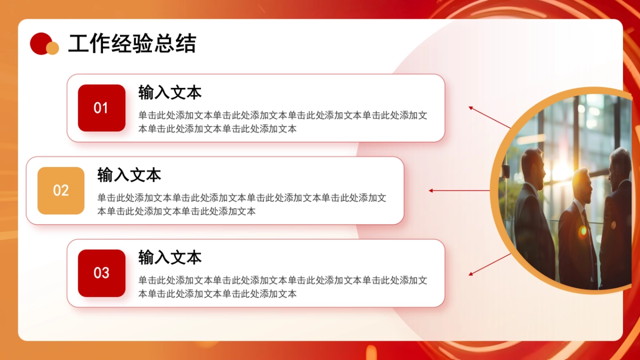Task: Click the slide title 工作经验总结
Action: (x=132, y=44)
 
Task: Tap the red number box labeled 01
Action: (x=101, y=108)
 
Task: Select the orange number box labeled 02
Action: (x=61, y=190)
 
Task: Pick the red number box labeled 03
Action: (x=101, y=273)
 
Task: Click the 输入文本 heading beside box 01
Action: (x=170, y=92)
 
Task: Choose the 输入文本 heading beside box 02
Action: (x=129, y=174)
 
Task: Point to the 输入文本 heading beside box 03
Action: (x=170, y=258)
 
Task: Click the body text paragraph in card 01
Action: (x=283, y=122)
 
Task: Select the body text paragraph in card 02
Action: (x=242, y=204)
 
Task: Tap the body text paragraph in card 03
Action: (x=283, y=287)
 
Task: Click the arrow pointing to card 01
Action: (x=490, y=118)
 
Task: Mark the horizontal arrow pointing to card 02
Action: (x=459, y=190)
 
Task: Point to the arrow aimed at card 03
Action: (x=490, y=265)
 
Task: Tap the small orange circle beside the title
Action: (x=52, y=49)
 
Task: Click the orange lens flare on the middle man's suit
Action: (x=583, y=231)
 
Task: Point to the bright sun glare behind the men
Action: (x=561, y=170)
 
